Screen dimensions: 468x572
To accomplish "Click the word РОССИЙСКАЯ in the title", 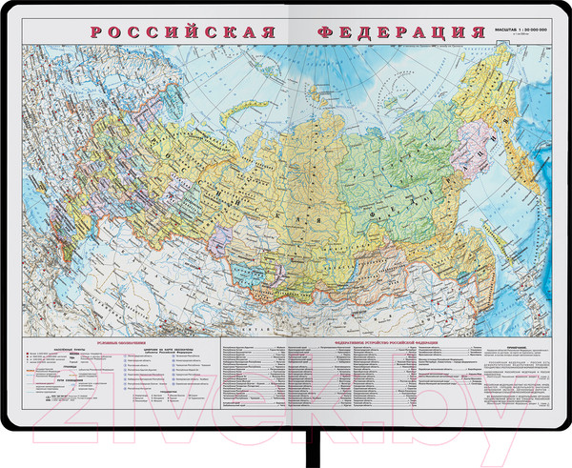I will (x=180, y=31).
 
